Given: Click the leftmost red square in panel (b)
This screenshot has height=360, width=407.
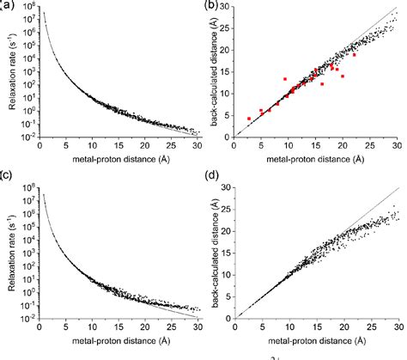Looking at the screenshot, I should (x=249, y=119).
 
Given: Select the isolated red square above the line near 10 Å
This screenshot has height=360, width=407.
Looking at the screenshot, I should (x=285, y=78).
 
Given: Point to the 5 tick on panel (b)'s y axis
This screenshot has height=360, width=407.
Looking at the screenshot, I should (x=228, y=115).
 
